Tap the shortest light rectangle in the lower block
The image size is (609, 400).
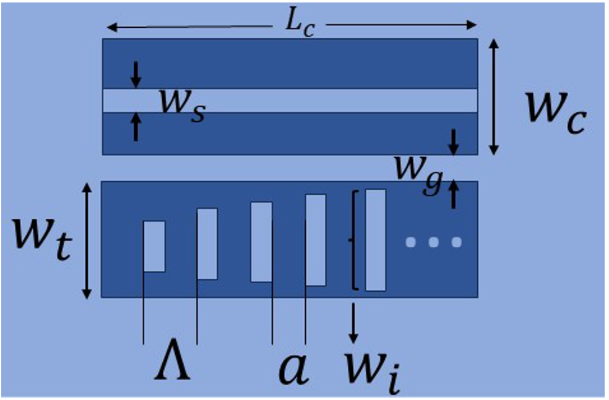(154, 245)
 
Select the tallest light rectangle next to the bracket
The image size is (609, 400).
(375, 240)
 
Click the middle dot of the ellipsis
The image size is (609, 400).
(433, 242)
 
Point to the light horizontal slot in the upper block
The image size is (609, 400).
(309, 100)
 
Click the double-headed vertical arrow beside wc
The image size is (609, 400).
(494, 96)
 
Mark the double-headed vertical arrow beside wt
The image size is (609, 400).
(87, 239)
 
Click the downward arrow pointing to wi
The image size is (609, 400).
(353, 322)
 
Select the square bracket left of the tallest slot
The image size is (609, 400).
(355, 240)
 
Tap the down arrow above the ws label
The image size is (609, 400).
(136, 74)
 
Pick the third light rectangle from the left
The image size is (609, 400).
(261, 241)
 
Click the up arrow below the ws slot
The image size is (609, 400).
(136, 127)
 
